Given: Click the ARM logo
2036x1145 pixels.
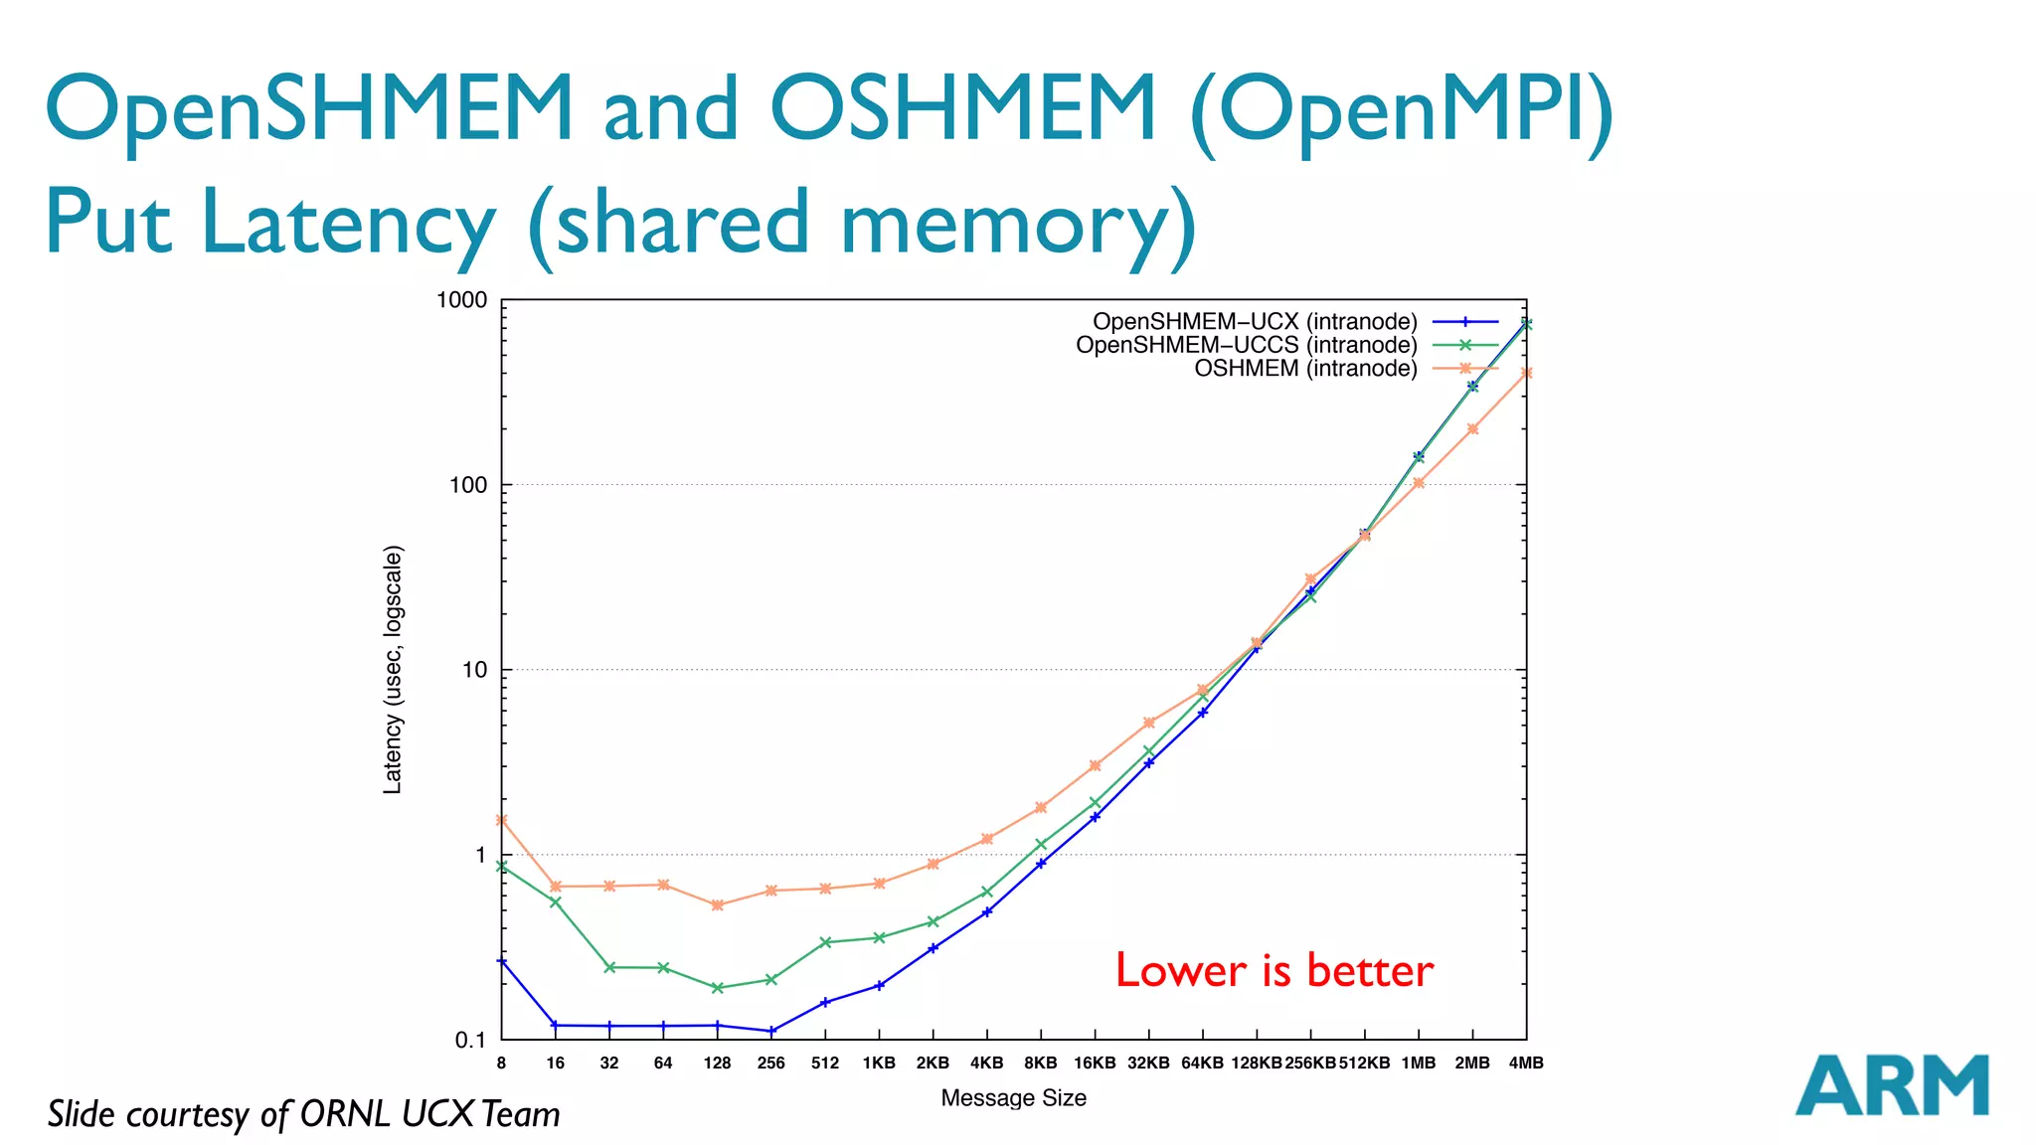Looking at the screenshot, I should point(1891,1085).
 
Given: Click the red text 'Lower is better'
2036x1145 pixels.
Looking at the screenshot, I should point(1273,971).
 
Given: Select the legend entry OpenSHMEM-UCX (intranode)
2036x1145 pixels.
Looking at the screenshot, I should point(1255,322).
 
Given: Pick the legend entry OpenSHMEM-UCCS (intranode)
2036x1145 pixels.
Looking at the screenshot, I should point(1246,345).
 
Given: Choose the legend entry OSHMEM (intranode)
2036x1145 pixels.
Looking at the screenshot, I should point(1305,369).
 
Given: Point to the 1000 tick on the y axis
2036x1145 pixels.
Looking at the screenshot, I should point(462,300).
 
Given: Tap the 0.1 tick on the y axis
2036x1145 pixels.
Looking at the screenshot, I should point(469,1041).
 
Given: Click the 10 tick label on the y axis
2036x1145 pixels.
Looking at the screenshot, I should point(474,670).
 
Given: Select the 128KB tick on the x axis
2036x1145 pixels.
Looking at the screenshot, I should point(1257,1063).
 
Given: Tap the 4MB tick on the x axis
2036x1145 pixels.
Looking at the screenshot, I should point(1526,1063).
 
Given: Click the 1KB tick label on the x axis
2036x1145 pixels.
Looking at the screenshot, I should point(879,1063).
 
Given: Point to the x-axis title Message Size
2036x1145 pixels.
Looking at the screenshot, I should point(1013,1098).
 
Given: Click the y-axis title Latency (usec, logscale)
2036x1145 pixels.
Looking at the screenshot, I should point(394,670).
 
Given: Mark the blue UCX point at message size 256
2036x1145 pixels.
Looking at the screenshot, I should point(771,1031).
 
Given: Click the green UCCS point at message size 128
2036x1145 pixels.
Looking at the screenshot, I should point(718,988).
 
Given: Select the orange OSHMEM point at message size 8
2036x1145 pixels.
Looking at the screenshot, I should point(502,820).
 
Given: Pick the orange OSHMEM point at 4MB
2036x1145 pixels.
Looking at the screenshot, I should point(1526,374).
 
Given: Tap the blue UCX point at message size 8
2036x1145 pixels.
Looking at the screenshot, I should point(502,961).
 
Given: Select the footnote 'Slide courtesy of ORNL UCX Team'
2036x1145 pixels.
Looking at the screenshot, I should point(304,1114).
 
